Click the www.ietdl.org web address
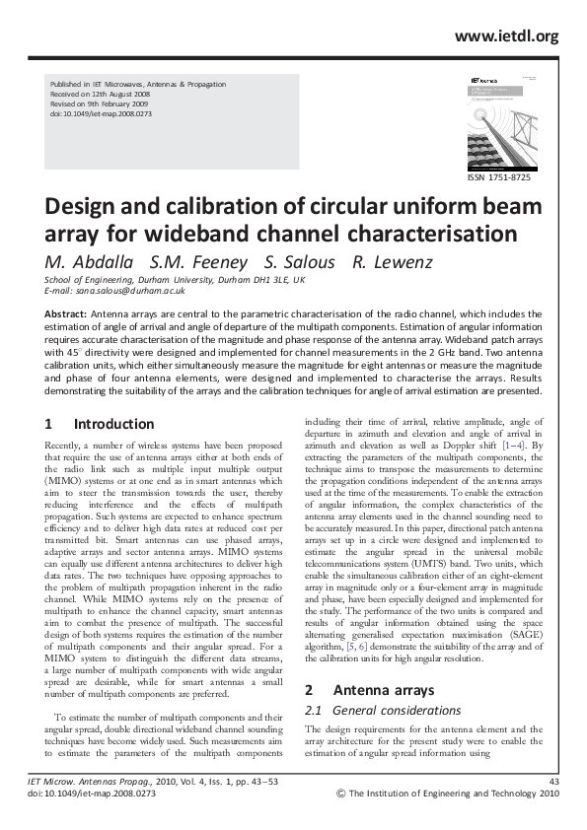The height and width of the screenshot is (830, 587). pyautogui.click(x=506, y=36)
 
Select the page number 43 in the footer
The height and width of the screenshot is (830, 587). pyautogui.click(x=552, y=782)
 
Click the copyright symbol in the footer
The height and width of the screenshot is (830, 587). pyautogui.click(x=341, y=793)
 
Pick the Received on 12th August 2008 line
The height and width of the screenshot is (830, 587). pyautogui.click(x=102, y=96)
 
